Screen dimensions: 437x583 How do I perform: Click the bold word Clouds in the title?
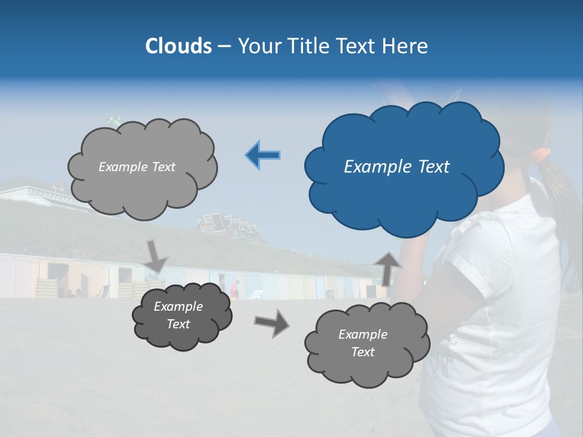(x=179, y=46)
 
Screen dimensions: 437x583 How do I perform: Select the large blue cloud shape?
(x=404, y=167)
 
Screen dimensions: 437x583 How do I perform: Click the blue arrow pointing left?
(x=262, y=155)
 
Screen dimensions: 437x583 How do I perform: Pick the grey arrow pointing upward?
(x=387, y=268)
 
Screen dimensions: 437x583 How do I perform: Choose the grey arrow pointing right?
(x=271, y=322)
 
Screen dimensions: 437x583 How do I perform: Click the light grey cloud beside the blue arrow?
(x=142, y=167)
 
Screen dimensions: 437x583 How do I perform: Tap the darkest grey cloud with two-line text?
(x=181, y=316)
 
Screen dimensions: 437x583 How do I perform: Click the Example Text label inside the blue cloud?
(x=397, y=167)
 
